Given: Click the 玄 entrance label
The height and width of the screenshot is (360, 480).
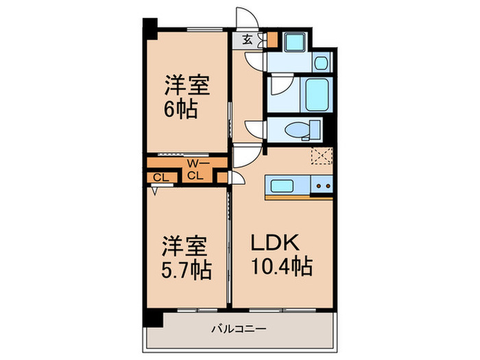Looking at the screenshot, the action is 248,40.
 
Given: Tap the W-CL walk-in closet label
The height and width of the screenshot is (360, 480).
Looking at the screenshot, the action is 196,169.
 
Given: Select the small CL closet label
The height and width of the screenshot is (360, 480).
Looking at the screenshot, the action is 161,178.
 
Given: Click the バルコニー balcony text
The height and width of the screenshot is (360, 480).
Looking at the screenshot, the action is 239,329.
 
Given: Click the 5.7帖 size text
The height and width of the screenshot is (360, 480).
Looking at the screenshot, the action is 186,270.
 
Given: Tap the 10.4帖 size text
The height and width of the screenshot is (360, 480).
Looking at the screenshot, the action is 282,266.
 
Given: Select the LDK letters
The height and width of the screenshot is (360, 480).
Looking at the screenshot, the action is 274,242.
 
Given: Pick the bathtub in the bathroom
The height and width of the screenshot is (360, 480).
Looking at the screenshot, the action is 317,95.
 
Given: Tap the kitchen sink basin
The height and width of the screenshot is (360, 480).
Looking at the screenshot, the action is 282,186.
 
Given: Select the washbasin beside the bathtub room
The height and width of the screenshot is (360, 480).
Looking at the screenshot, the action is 322,63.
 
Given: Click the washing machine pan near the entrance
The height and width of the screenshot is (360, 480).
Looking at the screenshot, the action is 295,42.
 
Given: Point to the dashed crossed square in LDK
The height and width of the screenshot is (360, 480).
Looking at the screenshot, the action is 322,156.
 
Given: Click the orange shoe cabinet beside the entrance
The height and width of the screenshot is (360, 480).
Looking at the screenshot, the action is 272,40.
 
